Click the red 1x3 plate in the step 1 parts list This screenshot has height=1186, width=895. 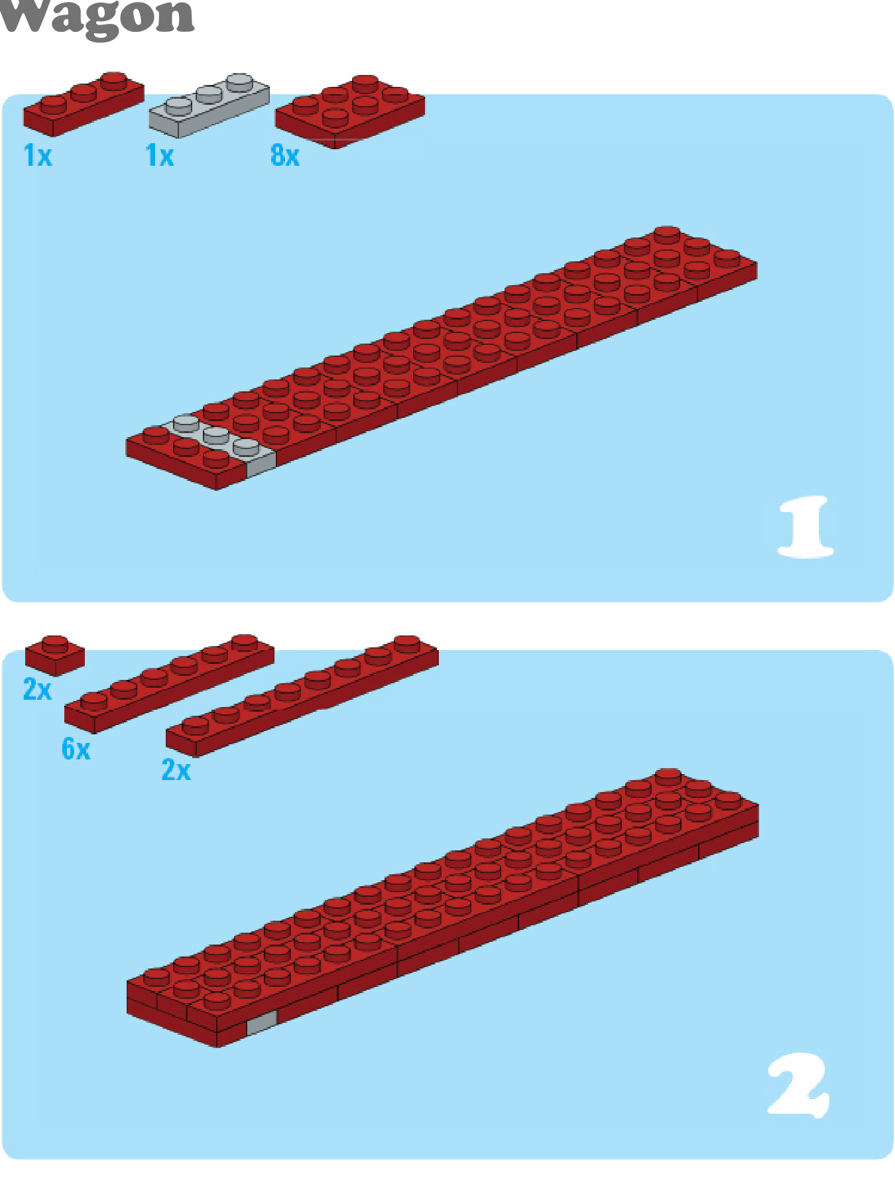click(x=84, y=103)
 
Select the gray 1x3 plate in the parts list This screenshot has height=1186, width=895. click(x=209, y=105)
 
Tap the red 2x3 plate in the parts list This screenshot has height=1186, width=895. click(x=350, y=111)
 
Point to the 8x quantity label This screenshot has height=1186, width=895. click(x=285, y=156)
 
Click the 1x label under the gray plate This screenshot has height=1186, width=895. click(x=160, y=156)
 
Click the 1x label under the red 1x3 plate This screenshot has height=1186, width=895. click(x=38, y=156)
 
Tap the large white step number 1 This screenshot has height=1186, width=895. click(x=805, y=527)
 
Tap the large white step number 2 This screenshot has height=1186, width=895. click(x=799, y=1085)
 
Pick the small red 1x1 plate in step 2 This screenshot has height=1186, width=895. click(x=55, y=655)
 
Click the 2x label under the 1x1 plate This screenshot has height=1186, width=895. click(x=37, y=690)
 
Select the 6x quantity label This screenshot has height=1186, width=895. click(x=76, y=749)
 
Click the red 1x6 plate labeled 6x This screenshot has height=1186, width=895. click(x=169, y=683)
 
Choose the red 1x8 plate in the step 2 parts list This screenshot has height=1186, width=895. click(x=302, y=696)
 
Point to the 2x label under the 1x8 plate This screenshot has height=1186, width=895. click(x=176, y=770)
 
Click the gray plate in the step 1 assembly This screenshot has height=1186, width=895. click(x=222, y=442)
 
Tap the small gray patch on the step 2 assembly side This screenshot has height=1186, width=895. click(x=261, y=1023)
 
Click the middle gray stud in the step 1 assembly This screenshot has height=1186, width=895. click(x=216, y=434)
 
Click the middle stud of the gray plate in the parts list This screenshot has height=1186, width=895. click(x=209, y=94)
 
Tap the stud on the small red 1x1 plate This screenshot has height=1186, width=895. click(x=55, y=643)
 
